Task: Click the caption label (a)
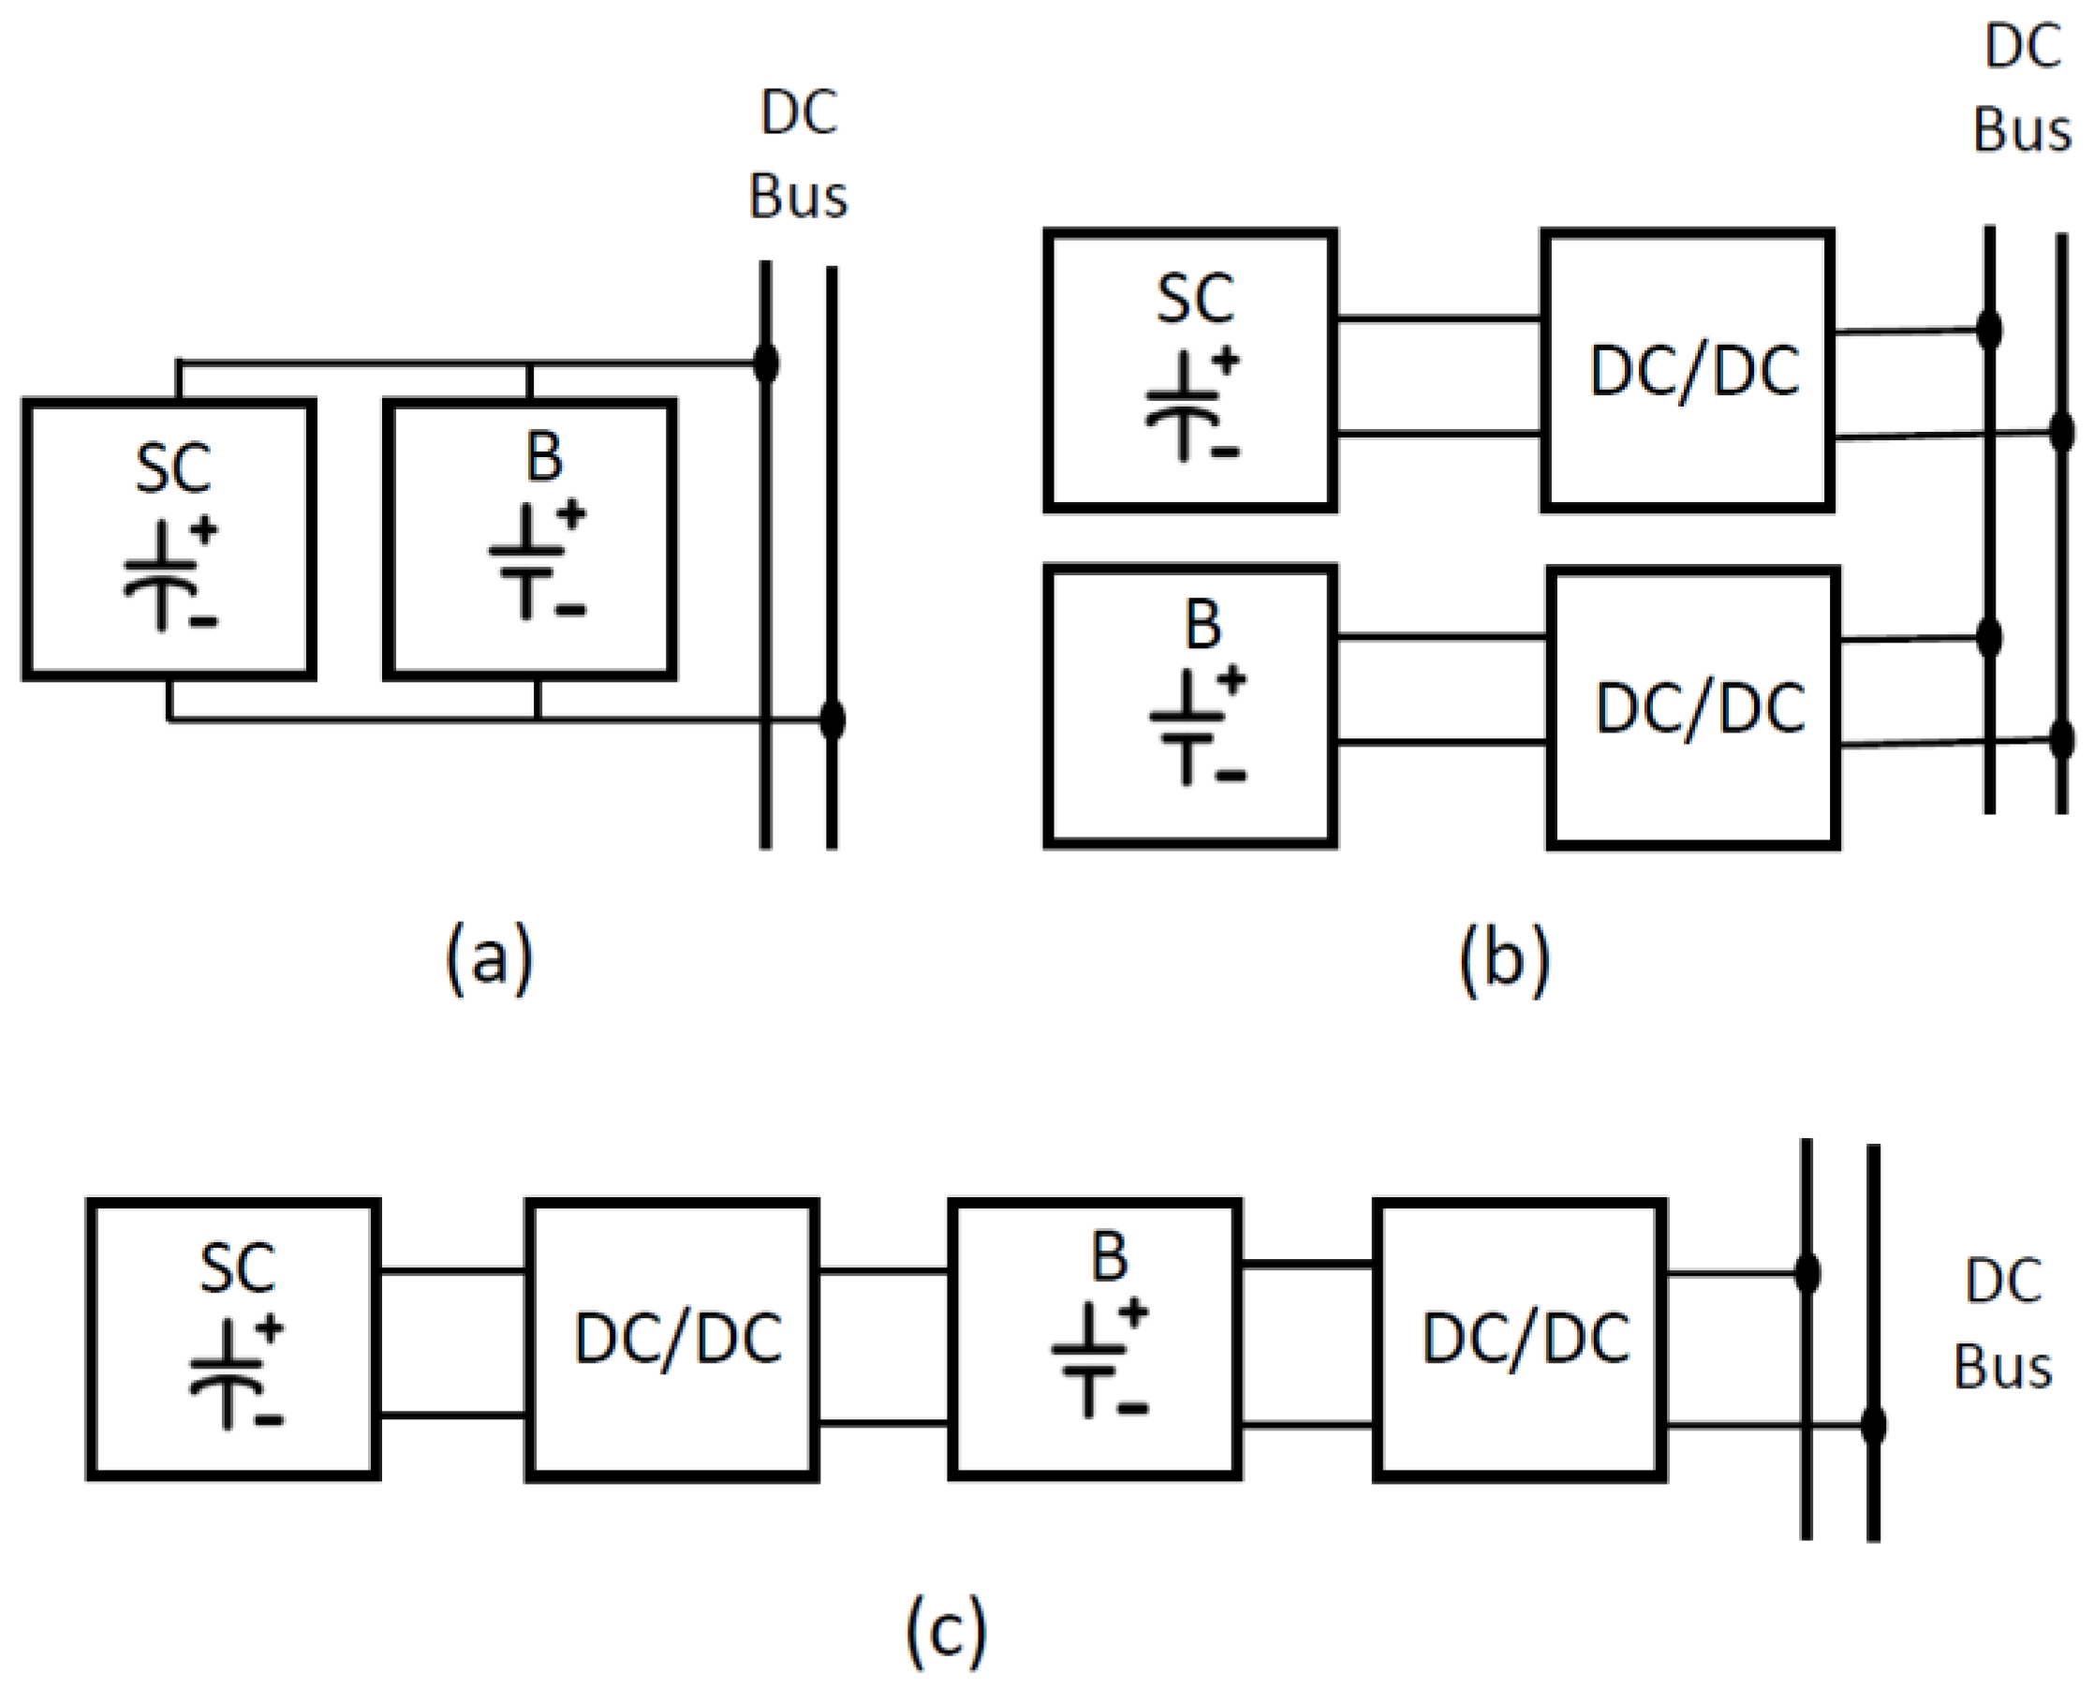pyautogui.click(x=489, y=959)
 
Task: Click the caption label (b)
pyautogui.click(x=1504, y=959)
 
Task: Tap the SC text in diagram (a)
pyautogui.click(x=173, y=469)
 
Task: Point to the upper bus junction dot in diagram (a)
pyautogui.click(x=766, y=363)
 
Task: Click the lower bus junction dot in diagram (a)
pyautogui.click(x=832, y=721)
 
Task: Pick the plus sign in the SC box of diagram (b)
pyautogui.click(x=1226, y=361)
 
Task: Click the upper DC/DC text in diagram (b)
pyautogui.click(x=1694, y=371)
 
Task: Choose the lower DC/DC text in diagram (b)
pyautogui.click(x=1700, y=708)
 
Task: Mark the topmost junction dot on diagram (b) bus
pyautogui.click(x=1989, y=330)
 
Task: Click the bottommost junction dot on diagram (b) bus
pyautogui.click(x=2061, y=740)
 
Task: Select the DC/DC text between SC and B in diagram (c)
pyautogui.click(x=678, y=1340)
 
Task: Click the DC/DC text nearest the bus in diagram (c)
pyautogui.click(x=1526, y=1340)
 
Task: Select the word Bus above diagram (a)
pyautogui.click(x=798, y=196)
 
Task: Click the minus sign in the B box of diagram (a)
pyautogui.click(x=571, y=611)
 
